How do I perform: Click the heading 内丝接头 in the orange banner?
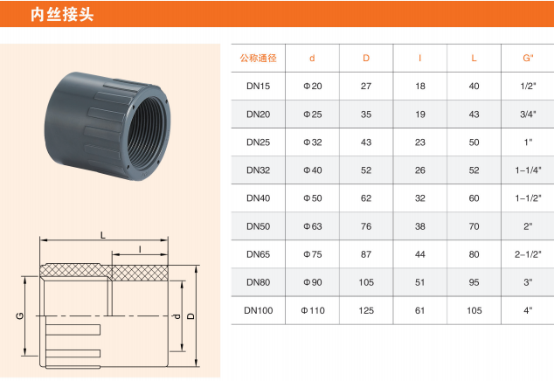62,15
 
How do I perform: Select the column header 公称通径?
259,58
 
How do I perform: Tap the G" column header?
528,58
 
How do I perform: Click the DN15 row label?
259,86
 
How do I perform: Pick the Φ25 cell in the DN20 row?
313,114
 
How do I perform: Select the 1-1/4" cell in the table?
528,170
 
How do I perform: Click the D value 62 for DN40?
366,197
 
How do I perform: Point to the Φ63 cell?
313,226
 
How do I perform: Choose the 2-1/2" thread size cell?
528,254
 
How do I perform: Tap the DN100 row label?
259,310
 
